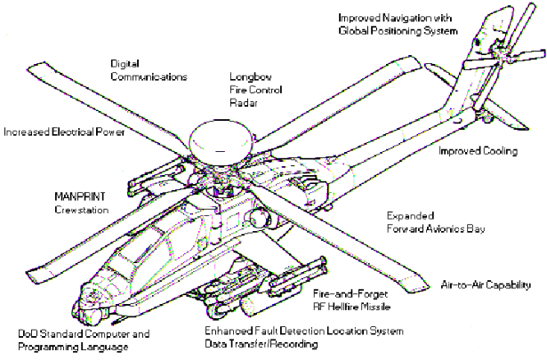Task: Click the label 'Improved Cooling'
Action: coord(478,151)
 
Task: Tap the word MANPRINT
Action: coord(80,196)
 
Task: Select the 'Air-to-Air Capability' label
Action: coord(486,284)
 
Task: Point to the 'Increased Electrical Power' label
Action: coord(64,132)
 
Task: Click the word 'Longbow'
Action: coord(251,76)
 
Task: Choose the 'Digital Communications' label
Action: coord(149,70)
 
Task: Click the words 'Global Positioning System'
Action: coord(398,31)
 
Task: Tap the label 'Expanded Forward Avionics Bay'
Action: coord(436,222)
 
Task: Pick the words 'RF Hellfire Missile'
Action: coord(351,307)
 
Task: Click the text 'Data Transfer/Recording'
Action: coord(261,344)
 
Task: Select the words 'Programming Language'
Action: coord(73,347)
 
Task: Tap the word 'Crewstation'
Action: coord(81,210)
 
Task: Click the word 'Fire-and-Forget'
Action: coord(350,294)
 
